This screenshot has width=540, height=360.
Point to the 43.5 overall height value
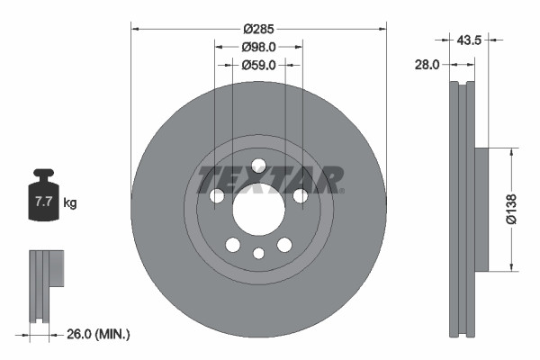click(x=470, y=40)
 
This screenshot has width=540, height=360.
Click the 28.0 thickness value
click(x=427, y=65)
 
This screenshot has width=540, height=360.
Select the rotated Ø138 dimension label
click(x=510, y=209)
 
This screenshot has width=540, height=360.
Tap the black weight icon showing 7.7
click(x=44, y=197)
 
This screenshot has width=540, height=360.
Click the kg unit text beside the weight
click(x=70, y=203)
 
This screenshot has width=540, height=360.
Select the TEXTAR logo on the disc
click(x=271, y=179)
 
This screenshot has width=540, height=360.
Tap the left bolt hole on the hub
click(x=216, y=196)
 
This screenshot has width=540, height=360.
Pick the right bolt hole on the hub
click(x=301, y=196)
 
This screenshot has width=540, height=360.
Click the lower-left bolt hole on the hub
click(x=232, y=245)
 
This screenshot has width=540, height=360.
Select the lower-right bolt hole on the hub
click(x=284, y=245)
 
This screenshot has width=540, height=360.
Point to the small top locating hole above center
click(x=258, y=165)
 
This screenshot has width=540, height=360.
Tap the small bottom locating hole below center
click(x=258, y=253)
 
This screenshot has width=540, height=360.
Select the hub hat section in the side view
click(x=481, y=209)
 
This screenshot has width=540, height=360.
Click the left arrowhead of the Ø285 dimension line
click(x=135, y=28)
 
